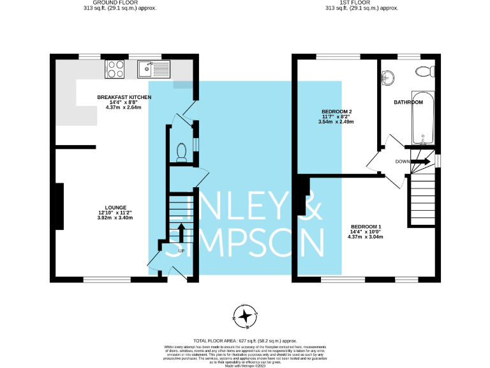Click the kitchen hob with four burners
tap(115, 68)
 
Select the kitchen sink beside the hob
tap(152, 68)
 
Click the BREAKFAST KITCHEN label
tap(124, 97)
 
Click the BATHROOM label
tap(408, 102)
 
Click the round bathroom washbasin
tap(389, 78)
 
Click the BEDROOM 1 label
tap(366, 227)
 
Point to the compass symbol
tap(245, 314)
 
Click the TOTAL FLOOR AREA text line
tap(245, 341)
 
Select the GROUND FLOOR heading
tap(119, 3)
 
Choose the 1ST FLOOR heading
tap(362, 3)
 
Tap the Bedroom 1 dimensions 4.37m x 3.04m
tap(366, 237)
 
